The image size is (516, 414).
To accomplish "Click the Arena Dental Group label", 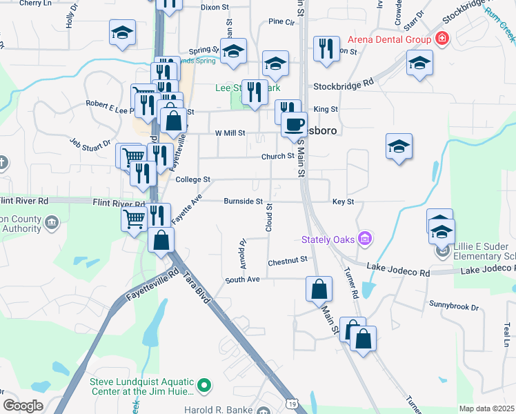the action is [390, 39].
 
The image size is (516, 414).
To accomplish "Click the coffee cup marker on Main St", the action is [294, 125].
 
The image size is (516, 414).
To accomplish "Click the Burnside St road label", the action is [244, 201].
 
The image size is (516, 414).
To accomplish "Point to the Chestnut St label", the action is [287, 260].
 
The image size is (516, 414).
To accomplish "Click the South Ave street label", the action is [242, 279].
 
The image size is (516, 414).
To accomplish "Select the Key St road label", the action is [343, 201].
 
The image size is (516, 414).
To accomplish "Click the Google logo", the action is [23, 406].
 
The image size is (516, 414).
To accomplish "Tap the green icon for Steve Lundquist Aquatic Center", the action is [204, 385].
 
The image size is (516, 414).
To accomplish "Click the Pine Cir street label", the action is [281, 22].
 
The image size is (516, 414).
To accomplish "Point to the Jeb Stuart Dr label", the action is [90, 143].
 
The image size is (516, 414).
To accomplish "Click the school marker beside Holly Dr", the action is [123, 32].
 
